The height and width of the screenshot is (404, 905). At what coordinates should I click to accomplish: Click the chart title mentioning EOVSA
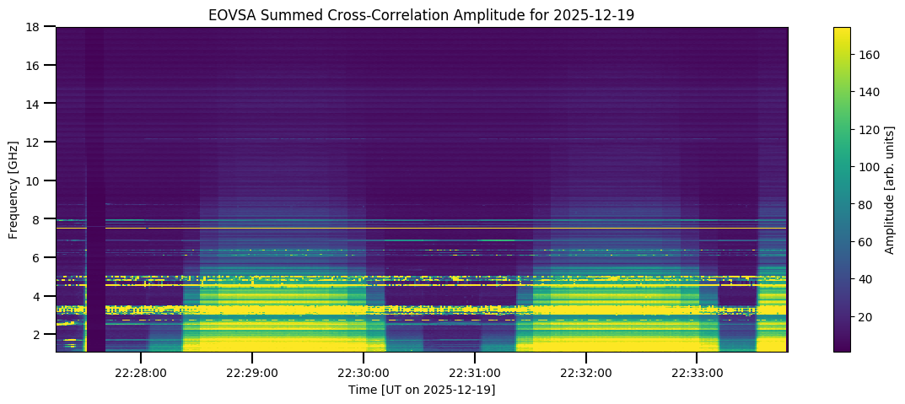click(421, 15)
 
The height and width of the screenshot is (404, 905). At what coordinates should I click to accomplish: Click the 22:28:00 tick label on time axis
click(141, 372)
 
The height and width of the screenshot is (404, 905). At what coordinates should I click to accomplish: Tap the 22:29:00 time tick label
click(252, 372)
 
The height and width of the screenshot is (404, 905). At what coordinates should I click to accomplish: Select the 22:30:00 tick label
click(364, 372)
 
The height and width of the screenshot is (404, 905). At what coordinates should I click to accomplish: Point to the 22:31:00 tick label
click(475, 372)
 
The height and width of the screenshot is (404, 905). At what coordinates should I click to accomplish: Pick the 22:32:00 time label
click(586, 372)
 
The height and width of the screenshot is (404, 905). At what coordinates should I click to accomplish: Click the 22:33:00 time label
click(697, 372)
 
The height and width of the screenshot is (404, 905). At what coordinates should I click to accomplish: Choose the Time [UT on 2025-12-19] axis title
click(421, 390)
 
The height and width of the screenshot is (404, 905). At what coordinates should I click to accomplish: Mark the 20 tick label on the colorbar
click(866, 316)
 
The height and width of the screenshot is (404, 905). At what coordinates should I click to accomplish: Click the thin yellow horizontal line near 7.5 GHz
click(422, 229)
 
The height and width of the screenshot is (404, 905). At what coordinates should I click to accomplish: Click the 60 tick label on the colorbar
click(866, 242)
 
